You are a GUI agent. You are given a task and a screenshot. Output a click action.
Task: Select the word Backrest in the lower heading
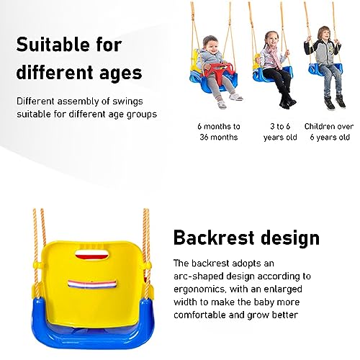214,238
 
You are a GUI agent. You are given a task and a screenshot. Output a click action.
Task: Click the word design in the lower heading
290,238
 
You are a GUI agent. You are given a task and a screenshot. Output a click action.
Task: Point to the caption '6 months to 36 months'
219,132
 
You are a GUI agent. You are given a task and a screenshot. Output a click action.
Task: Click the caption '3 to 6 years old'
280,132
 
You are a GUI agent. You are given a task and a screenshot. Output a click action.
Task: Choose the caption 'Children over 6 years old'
329,132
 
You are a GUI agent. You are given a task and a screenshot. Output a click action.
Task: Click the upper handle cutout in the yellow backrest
91,254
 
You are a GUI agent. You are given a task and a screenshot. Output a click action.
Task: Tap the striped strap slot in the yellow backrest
92,284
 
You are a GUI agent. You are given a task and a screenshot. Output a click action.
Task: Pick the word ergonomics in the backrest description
199,289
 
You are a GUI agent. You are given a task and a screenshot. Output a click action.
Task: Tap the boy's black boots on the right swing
335,102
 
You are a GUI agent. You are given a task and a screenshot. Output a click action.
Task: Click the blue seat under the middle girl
273,74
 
